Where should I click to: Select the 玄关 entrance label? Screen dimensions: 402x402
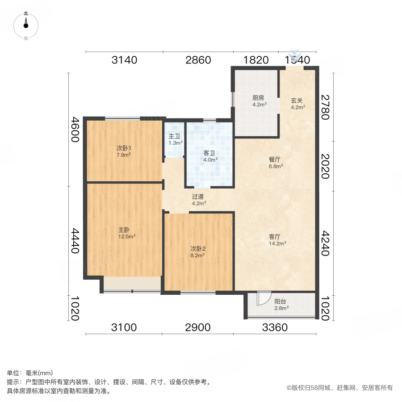click(x=297, y=100)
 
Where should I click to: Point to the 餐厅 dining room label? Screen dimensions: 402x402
click(x=276, y=159)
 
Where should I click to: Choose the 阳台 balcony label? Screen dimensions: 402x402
click(x=281, y=301)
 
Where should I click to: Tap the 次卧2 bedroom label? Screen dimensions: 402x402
click(x=197, y=248)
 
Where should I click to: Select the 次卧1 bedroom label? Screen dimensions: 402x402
click(x=124, y=148)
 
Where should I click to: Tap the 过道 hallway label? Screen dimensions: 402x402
click(x=199, y=197)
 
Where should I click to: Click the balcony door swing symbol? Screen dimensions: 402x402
click(x=264, y=298)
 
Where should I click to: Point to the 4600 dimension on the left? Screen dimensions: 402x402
click(x=75, y=130)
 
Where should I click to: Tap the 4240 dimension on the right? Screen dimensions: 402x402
click(x=325, y=243)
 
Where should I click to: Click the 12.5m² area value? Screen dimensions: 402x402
click(x=127, y=237)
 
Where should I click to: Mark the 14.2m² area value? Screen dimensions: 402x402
click(x=277, y=244)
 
